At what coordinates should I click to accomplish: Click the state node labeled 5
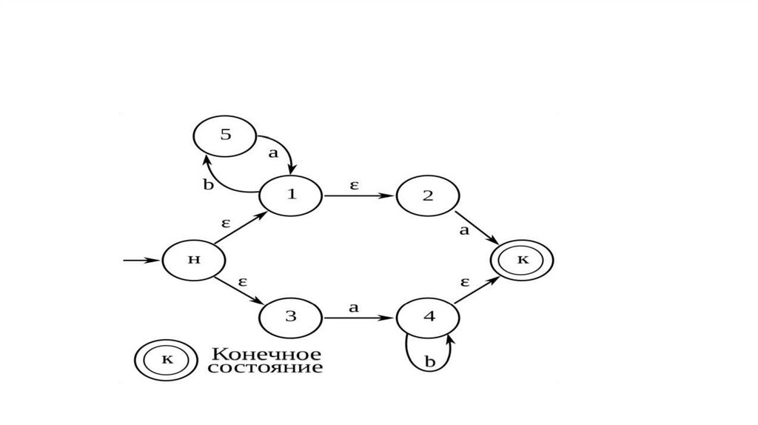point(225,136)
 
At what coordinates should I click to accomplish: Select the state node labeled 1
point(290,195)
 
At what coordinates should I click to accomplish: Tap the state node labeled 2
point(428,195)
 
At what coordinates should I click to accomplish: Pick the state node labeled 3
point(290,317)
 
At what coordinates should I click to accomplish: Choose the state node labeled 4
point(428,317)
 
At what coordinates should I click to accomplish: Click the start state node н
point(194,261)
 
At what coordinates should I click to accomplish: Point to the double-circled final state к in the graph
point(523,261)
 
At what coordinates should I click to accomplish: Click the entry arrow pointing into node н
point(141,261)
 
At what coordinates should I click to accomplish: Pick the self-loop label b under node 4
point(429,362)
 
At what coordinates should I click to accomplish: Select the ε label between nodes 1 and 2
point(354,186)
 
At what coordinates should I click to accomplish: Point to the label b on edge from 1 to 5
point(208,184)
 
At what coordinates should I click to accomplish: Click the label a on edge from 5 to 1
point(273,154)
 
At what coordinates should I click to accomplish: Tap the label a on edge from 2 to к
point(465,230)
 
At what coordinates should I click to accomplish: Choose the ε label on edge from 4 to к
point(466,282)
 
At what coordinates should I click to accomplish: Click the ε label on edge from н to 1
point(227,221)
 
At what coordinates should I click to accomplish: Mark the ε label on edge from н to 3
point(242,281)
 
